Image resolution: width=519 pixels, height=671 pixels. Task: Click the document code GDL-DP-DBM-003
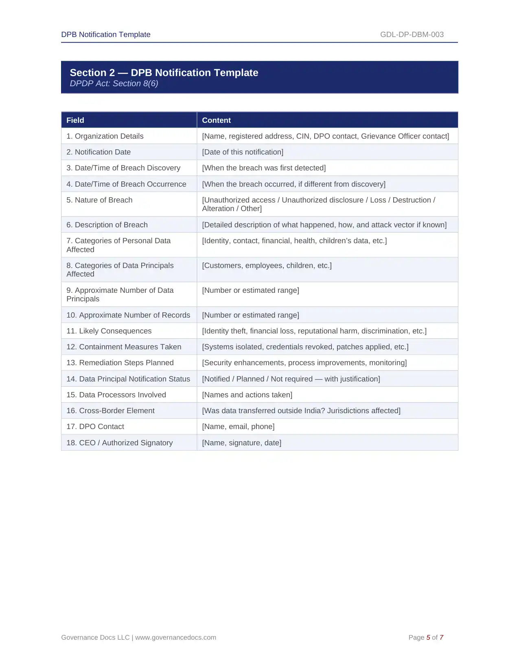[x=412, y=35]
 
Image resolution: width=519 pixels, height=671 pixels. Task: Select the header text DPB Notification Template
[x=106, y=35]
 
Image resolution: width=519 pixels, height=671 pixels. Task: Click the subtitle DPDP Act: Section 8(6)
[x=114, y=83]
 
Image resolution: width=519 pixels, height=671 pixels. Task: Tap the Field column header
[x=75, y=120]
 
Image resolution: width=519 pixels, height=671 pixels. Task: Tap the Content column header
[x=216, y=120]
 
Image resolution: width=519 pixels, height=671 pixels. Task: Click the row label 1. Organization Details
[x=105, y=136]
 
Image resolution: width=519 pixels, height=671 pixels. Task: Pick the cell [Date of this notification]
[x=243, y=152]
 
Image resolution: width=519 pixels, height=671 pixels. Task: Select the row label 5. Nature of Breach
[x=99, y=200]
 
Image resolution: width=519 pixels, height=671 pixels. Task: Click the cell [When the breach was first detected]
[x=264, y=168]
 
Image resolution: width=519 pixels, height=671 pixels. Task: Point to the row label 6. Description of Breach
[x=107, y=225]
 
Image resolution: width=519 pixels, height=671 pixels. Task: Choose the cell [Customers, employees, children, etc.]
[x=267, y=266]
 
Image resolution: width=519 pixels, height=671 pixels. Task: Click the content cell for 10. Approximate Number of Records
[x=250, y=315]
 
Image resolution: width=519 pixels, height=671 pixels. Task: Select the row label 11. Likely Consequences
[x=109, y=331]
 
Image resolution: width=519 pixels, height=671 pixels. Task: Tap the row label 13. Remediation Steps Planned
[x=120, y=363]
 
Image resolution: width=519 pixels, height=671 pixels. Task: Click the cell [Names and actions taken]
[x=247, y=395]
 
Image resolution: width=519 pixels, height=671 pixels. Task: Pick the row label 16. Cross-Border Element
[x=110, y=411]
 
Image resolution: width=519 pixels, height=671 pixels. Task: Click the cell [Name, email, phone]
[x=238, y=427]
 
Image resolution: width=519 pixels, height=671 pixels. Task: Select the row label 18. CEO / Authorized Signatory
[x=120, y=443]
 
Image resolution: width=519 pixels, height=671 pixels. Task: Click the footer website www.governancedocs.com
[x=175, y=638]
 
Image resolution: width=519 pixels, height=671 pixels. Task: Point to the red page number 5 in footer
[x=428, y=638]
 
